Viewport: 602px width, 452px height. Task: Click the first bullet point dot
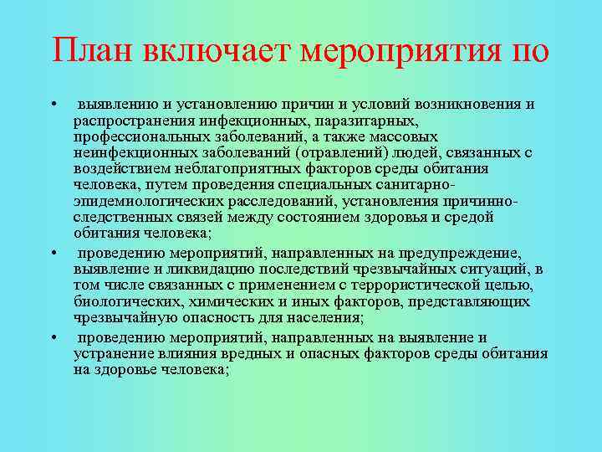click(x=53, y=105)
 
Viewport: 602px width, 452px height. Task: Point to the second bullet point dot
click(x=53, y=253)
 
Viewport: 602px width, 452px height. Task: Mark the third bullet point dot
click(x=53, y=338)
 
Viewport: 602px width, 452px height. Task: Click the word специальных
click(x=313, y=184)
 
